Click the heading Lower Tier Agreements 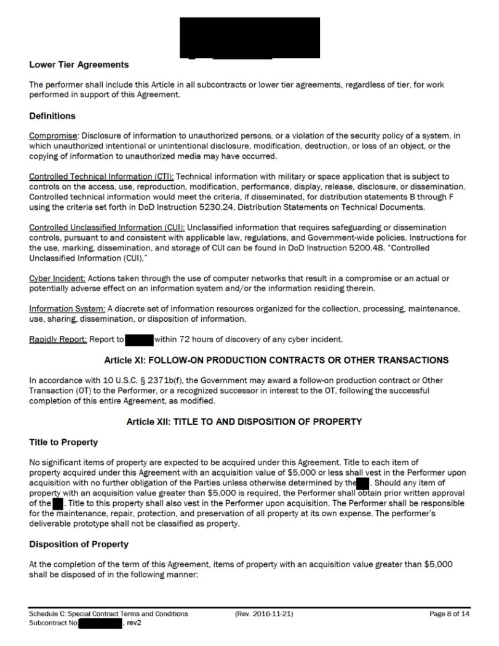(x=79, y=65)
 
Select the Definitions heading (x=52, y=116)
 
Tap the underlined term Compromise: (x=54, y=135)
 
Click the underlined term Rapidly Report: (x=58, y=340)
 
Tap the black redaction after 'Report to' (x=138, y=340)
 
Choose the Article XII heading (x=244, y=421)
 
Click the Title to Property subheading (x=63, y=442)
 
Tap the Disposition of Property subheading (x=79, y=544)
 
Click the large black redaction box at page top (x=249, y=38)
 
